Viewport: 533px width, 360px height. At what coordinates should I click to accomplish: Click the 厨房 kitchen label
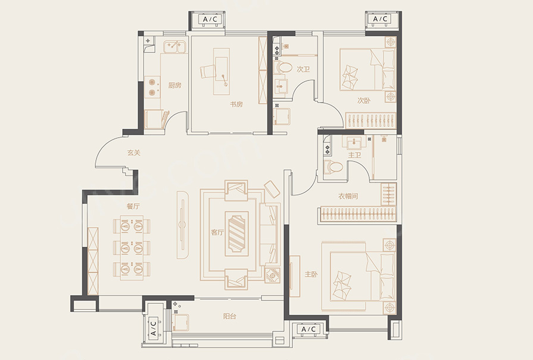174,85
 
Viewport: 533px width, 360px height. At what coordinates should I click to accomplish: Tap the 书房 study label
236,104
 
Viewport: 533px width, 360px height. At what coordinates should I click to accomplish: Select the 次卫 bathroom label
303,69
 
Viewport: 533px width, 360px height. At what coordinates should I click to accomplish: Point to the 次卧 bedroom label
364,101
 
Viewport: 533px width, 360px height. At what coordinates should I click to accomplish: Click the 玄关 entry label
133,153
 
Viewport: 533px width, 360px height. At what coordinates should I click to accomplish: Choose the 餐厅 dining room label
133,206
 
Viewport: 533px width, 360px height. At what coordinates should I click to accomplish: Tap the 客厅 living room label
217,232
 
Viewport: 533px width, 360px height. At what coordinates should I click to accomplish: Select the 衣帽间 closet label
348,196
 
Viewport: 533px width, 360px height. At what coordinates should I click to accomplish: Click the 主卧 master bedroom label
311,274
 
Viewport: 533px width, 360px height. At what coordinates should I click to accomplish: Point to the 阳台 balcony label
229,316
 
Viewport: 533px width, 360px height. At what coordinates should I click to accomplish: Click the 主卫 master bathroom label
354,155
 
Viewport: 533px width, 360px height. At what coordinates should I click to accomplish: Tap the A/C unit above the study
210,19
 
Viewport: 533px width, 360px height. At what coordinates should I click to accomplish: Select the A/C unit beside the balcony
153,328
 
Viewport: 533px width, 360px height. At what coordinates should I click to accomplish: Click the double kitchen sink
174,46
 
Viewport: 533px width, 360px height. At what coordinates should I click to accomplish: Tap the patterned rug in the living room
236,234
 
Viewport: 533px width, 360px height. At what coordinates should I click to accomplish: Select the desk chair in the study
207,72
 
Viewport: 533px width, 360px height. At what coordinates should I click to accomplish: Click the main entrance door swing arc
103,147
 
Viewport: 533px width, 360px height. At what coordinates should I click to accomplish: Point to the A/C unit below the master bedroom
308,329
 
